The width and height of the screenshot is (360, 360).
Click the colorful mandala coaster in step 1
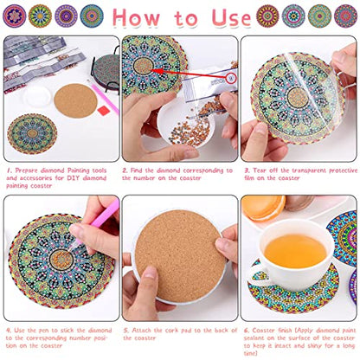coord(30,135)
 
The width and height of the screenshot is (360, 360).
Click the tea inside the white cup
coord(293,250)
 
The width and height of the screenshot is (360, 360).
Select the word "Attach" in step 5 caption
coord(143,329)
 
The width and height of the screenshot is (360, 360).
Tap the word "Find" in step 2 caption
coord(142,171)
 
